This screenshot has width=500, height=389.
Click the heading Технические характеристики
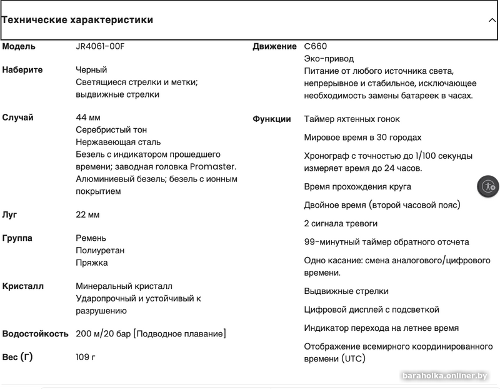tap(77, 20)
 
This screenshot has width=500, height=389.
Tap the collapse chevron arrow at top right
tap(492, 20)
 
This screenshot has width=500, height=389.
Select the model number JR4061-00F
tap(104, 46)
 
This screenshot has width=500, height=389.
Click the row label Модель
tap(19, 46)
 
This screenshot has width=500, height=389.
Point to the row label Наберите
tap(22, 69)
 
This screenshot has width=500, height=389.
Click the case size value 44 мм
tap(88, 118)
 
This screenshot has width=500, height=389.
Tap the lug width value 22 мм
tap(87, 215)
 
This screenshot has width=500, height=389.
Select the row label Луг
tap(10, 215)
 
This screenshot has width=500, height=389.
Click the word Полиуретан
tap(100, 250)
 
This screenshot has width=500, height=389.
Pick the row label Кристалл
tap(23, 286)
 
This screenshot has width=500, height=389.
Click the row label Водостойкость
tap(36, 334)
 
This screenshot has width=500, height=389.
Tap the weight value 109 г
tap(86, 357)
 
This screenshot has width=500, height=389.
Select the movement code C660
tap(316, 46)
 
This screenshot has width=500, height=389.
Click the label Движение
tap(274, 46)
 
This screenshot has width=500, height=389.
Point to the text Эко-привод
tap(328, 58)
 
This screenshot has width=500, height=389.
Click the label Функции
tap(272, 119)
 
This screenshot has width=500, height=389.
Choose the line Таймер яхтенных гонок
tap(352, 119)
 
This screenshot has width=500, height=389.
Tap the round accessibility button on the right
tap(488, 186)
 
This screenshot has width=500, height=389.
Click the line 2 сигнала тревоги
tap(341, 223)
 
